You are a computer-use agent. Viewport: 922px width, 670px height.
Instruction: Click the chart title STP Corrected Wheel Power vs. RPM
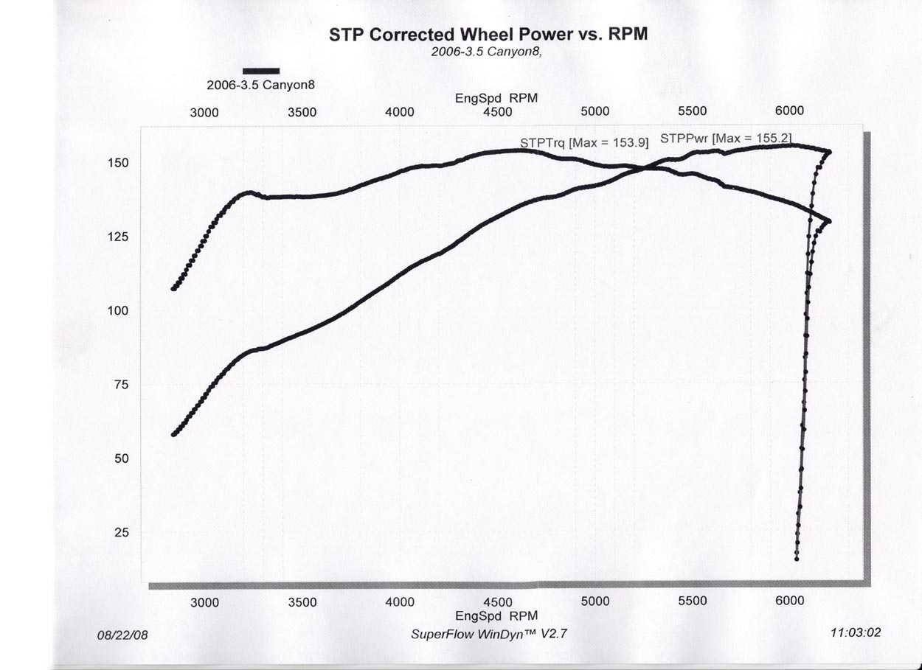pyautogui.click(x=488, y=34)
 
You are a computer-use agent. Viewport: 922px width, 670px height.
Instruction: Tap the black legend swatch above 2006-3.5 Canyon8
pyautogui.click(x=261, y=71)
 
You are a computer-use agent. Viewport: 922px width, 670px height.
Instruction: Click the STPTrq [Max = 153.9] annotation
pyautogui.click(x=584, y=143)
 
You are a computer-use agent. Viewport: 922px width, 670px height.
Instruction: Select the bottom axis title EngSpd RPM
pyautogui.click(x=496, y=615)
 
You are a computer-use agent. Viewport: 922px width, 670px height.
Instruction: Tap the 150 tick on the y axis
pyautogui.click(x=119, y=163)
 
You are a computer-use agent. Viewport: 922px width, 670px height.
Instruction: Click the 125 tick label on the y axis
pyautogui.click(x=119, y=237)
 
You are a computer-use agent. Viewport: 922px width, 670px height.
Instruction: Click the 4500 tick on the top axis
pyautogui.click(x=498, y=112)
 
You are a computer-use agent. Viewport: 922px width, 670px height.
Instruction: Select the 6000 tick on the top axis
pyautogui.click(x=789, y=111)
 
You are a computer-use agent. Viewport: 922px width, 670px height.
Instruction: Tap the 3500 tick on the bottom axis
pyautogui.click(x=302, y=602)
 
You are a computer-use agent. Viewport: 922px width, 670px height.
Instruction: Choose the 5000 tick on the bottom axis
pyautogui.click(x=595, y=601)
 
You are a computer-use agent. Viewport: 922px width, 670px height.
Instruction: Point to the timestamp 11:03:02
pyautogui.click(x=856, y=632)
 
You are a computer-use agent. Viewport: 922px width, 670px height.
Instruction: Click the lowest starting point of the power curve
pyautogui.click(x=174, y=434)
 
